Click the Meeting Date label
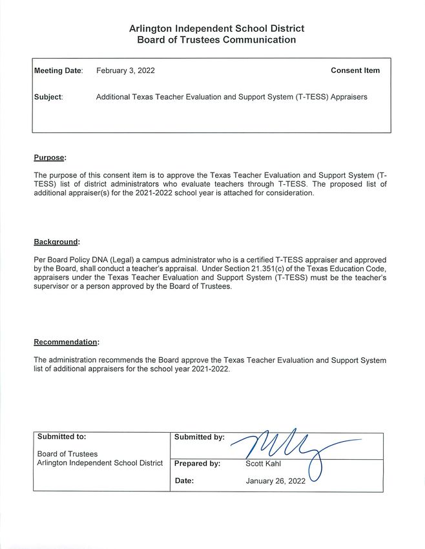58,70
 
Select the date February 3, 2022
125,70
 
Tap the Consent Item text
355,70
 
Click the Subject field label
48,97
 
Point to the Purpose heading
50,157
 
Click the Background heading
57,242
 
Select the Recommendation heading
67,342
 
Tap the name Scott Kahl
264,463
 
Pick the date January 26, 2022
275,481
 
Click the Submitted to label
62,437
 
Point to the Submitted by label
200,437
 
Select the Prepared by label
198,463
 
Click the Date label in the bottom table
184,481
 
